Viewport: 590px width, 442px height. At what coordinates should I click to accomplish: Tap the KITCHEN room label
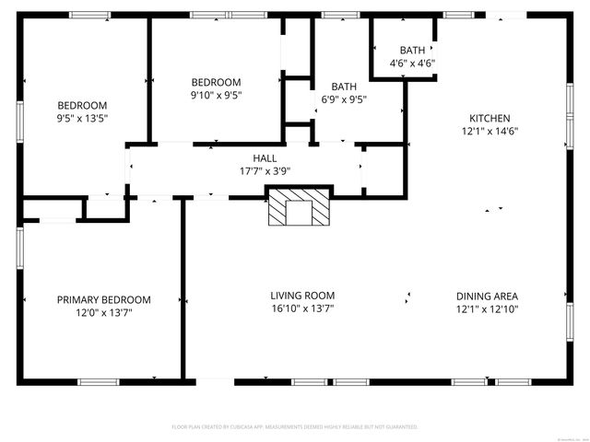[x=490, y=118]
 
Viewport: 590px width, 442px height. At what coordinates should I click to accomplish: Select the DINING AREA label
[x=487, y=297]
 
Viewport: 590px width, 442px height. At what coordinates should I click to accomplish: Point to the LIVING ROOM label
[x=302, y=296]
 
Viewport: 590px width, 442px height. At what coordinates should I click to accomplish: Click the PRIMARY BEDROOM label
[x=104, y=300]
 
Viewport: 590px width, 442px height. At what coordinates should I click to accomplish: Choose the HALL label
[x=265, y=158]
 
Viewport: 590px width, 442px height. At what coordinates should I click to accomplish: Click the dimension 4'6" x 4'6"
[x=413, y=64]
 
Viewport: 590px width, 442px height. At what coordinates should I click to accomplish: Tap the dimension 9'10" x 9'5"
[x=217, y=94]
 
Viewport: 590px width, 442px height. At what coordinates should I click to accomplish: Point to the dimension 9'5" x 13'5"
[x=83, y=118]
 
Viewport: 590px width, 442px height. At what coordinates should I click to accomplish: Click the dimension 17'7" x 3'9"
[x=265, y=171]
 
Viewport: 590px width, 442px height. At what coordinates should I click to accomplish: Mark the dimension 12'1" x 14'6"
[x=490, y=131]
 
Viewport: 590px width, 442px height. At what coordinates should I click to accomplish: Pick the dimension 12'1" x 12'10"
[x=487, y=309]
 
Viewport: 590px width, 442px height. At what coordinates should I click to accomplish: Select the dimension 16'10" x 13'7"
[x=302, y=308]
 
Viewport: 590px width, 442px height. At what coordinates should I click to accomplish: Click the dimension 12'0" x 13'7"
[x=104, y=313]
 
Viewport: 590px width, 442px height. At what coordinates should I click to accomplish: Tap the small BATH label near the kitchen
[x=412, y=50]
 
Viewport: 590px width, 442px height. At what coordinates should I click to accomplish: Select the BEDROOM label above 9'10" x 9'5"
[x=217, y=81]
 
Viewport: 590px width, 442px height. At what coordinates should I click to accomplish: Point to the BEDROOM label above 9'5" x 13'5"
[x=83, y=105]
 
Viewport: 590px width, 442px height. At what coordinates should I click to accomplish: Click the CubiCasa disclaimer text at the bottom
[x=295, y=427]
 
